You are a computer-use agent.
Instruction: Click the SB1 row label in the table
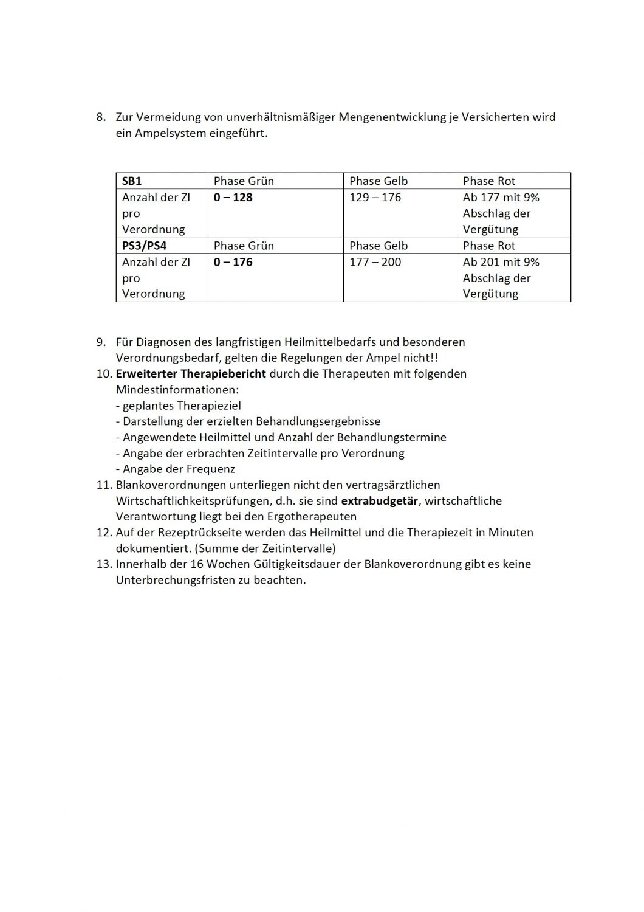tap(132, 181)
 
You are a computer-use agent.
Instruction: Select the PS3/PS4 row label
tap(144, 246)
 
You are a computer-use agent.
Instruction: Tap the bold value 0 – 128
tap(233, 198)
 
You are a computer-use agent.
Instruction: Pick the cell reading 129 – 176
tap(375, 198)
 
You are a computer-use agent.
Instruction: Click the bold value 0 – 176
tap(233, 263)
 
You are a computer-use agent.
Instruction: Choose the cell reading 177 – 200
tap(375, 263)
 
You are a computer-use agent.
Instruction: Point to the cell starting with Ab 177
tap(501, 213)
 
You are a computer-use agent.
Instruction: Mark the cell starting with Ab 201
tap(501, 278)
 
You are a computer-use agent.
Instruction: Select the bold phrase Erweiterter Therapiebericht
tap(191, 374)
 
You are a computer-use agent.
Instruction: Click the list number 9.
tap(101, 342)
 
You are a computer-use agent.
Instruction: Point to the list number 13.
tap(104, 564)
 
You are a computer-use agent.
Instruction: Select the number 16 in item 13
tap(196, 564)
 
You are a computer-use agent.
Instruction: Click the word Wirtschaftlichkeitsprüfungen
tap(191, 501)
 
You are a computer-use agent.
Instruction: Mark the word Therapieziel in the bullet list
tap(208, 406)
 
